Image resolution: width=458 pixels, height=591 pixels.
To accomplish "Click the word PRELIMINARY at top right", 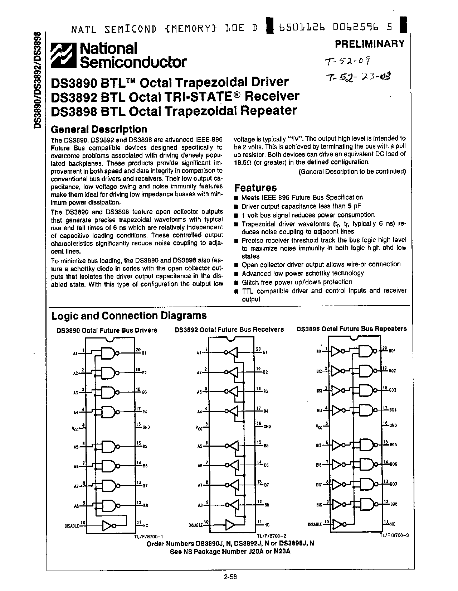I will tap(370, 44).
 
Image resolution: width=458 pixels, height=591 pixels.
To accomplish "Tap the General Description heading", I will tap(99, 129).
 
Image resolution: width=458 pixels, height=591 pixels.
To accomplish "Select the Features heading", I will tap(255, 187).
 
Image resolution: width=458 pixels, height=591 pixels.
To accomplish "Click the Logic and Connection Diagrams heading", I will tap(129, 316).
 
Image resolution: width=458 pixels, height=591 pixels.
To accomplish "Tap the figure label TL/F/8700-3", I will tap(394, 535).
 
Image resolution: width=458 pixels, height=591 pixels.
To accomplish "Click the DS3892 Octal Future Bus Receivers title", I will tap(229, 329).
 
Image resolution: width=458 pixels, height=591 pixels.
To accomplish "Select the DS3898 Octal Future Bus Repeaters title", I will tap(351, 328).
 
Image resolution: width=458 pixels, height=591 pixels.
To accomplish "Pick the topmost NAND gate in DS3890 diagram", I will tap(108, 353).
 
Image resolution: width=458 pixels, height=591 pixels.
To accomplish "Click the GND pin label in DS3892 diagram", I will tap(267, 427).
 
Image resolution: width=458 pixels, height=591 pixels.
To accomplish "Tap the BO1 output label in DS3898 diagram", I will tap(392, 351).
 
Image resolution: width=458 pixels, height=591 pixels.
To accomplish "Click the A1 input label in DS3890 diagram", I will tap(75, 354).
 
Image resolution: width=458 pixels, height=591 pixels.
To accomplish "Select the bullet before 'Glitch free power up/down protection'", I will tap(236, 283).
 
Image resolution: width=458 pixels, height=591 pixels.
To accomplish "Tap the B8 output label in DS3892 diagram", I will tap(267, 505).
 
